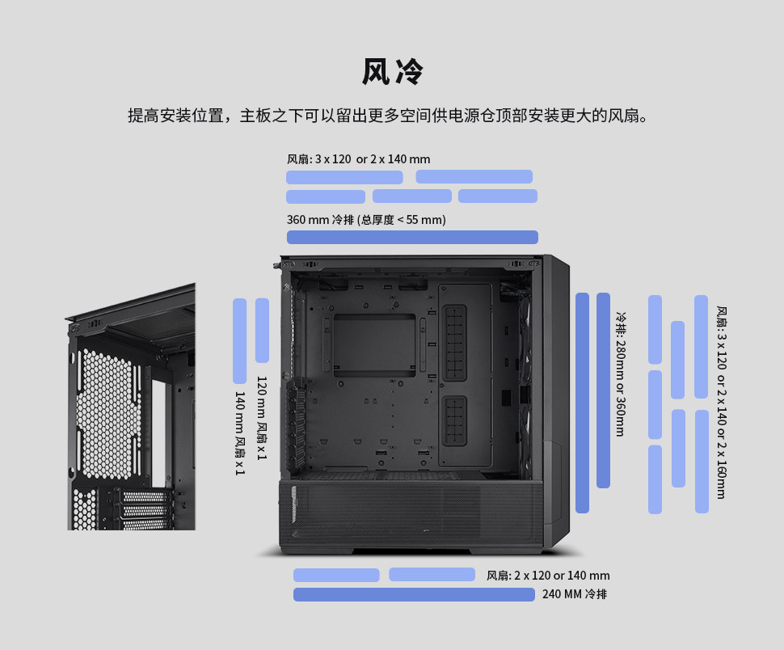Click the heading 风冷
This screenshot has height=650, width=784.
click(x=392, y=72)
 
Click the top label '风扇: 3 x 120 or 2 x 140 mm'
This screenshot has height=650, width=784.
click(x=358, y=159)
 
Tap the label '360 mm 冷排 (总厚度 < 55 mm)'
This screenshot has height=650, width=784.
click(x=366, y=220)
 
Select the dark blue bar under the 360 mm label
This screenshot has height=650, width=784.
click(x=412, y=237)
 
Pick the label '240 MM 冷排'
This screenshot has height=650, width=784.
click(x=575, y=594)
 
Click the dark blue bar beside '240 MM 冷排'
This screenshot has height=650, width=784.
click(x=414, y=594)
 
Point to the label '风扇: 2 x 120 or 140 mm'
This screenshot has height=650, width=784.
click(x=548, y=576)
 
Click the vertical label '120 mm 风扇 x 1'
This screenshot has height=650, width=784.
click(x=262, y=418)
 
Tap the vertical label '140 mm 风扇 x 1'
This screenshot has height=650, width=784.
click(x=240, y=433)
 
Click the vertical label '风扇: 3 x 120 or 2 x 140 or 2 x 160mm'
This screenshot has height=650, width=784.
click(x=721, y=402)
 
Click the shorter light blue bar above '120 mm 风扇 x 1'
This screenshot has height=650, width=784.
click(x=262, y=330)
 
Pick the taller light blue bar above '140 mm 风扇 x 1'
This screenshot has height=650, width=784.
click(x=239, y=340)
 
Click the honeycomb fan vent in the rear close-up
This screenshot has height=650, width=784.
click(x=108, y=412)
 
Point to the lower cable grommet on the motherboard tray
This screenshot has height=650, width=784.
click(x=455, y=420)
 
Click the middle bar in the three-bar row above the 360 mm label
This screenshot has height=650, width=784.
click(x=412, y=196)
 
